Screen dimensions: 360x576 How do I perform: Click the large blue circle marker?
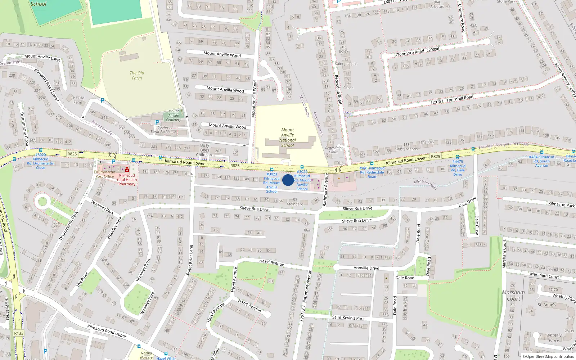point(288,180)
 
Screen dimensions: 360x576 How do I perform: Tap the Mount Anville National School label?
point(287,138)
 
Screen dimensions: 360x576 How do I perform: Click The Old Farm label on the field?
point(137,75)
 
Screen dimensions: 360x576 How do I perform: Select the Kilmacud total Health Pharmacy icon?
point(127,170)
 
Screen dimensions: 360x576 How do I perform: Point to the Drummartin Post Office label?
point(104,174)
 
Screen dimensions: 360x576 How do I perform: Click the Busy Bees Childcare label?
point(204,150)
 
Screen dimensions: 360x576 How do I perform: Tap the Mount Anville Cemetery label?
point(174,115)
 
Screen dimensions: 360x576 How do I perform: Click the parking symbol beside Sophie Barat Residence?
point(157,122)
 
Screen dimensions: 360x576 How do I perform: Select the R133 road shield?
point(19,333)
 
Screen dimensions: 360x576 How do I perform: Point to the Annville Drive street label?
point(366,268)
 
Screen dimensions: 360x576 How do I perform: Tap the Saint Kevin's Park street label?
point(348,318)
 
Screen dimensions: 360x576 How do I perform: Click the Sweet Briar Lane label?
point(189,260)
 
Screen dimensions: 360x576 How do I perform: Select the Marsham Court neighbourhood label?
point(513,295)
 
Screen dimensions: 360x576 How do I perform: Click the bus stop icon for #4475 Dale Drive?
point(457,157)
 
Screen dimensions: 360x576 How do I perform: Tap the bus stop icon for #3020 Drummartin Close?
point(40,150)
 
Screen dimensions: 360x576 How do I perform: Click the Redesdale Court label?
point(333,150)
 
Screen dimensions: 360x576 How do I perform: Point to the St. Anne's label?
point(546,305)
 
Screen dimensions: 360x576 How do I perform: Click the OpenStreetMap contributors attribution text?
point(550,356)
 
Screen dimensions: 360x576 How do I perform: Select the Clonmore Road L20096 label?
point(417,52)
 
